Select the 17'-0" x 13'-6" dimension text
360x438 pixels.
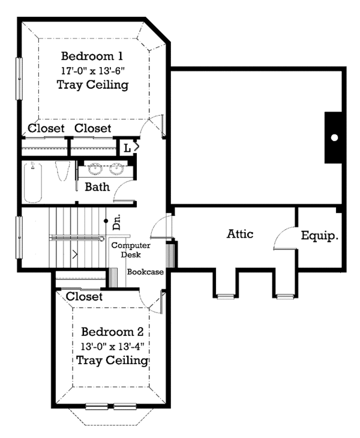click(92, 70)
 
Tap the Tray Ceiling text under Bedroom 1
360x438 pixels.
click(92, 85)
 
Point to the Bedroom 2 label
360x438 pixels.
click(112, 332)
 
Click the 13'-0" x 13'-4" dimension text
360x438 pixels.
click(112, 346)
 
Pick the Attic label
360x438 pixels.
click(240, 233)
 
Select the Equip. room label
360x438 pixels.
click(320, 235)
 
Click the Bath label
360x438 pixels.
click(97, 187)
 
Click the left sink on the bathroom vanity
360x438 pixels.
click(94, 168)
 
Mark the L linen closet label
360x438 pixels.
click(128, 147)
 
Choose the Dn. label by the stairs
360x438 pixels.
click(117, 223)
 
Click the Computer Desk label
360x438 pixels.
click(130, 250)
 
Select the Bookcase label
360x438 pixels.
click(145, 272)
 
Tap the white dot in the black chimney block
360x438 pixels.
click(334, 137)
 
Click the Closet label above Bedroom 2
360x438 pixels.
click(84, 296)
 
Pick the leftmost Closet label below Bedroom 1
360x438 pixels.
click(46, 128)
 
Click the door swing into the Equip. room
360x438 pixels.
click(284, 240)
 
